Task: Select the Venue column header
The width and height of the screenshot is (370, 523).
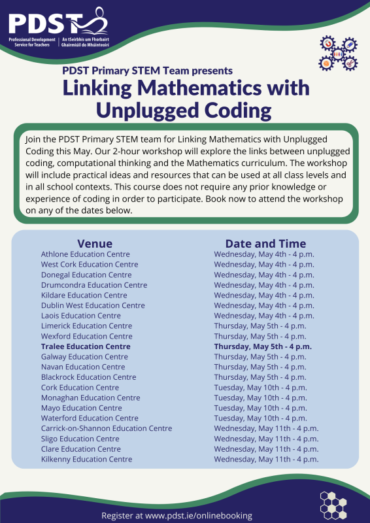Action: pos(95,243)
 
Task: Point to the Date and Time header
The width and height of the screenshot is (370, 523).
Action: pos(265,243)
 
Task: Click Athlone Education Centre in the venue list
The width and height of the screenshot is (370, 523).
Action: pos(85,254)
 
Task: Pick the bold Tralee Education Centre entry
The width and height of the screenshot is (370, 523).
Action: pos(85,346)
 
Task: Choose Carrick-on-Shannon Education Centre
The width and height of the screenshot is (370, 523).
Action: pos(106,428)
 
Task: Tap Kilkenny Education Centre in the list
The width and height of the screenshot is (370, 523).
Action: pos(86,459)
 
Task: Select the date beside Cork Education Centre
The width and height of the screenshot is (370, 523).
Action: pos(260,388)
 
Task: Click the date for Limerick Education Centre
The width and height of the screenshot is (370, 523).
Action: pos(260,326)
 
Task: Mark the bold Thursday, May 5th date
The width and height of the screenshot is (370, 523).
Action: pos(263,346)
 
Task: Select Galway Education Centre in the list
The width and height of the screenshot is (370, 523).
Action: pos(84,357)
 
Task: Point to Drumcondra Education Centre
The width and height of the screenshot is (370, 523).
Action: pos(93,285)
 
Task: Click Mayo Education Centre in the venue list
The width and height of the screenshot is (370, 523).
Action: pos(81,408)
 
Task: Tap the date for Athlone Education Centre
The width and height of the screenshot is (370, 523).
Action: pos(264,254)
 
